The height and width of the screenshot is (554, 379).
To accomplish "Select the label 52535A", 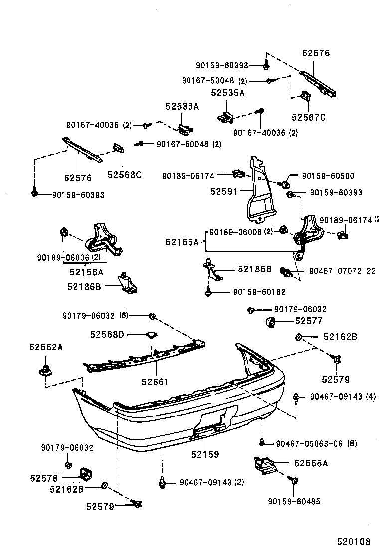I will coord(227,93).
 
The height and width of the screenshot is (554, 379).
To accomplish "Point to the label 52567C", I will coord(309,118).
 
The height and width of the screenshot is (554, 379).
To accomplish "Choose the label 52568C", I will coord(125,174).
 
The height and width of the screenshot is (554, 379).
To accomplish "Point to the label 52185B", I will coord(254,269).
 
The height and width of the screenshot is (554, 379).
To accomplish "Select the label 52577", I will coord(309,321).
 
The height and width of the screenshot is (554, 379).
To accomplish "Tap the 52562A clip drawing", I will coord(45,370).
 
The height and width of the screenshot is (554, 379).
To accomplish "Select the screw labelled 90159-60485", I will coord(294,481).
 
